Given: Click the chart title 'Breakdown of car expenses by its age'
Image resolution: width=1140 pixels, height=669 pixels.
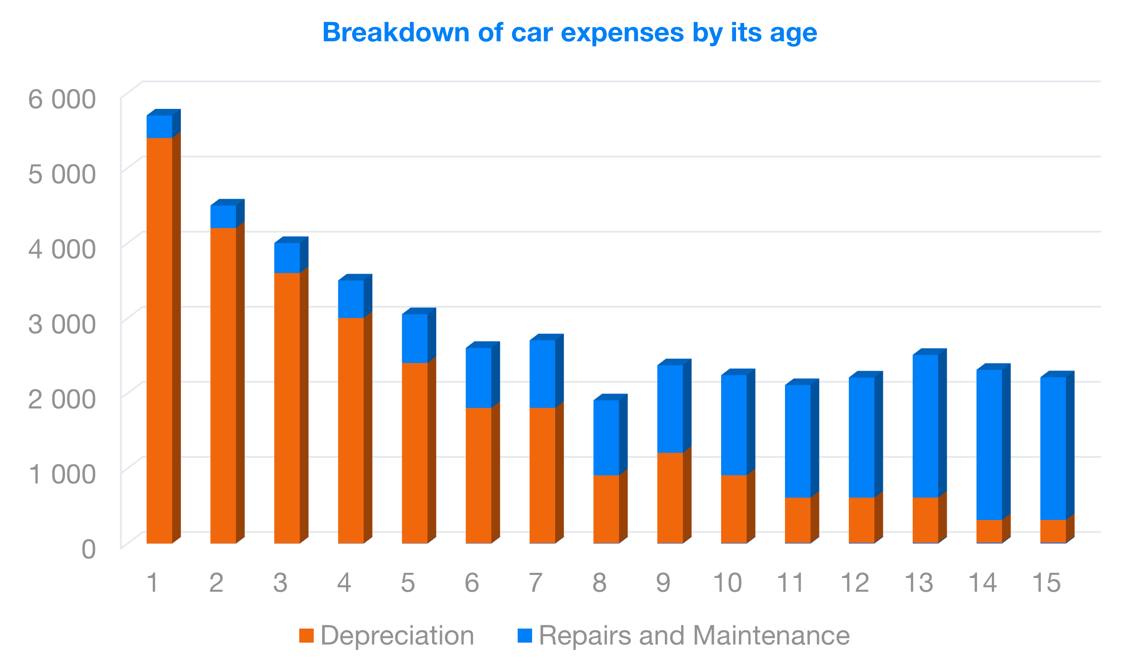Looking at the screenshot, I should pos(570,33).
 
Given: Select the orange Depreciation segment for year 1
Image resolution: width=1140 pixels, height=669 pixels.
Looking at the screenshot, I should pos(159,339).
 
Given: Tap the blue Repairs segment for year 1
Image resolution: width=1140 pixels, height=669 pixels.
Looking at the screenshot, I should pos(159,127).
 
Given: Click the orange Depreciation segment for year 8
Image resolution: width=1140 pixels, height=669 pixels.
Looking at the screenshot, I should pos(606,509).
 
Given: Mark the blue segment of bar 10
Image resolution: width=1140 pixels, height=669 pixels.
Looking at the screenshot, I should pos(734,425).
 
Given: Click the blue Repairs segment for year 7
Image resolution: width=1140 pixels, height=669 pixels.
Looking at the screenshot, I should pos(542,374).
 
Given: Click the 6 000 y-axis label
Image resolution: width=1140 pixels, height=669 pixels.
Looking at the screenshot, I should pos(62,99).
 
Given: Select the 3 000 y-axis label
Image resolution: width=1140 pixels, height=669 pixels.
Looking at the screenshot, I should pos(62,324).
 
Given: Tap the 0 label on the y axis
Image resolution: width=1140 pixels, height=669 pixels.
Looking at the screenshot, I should pos(89,549).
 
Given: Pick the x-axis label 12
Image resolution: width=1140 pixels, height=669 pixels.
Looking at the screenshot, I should pos(854,583).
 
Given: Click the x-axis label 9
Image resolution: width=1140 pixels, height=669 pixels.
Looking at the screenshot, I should pos(663,583).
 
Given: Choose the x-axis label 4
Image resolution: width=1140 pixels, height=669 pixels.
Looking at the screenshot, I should pos(344,583).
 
